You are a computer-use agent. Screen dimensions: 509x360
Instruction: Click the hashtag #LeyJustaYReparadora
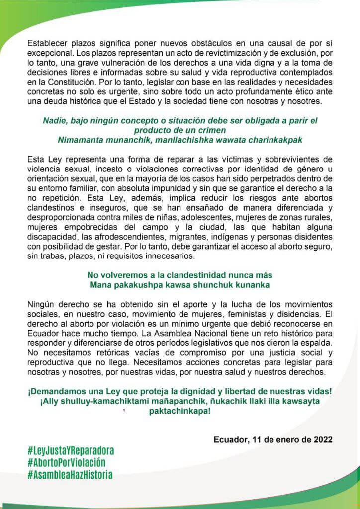[x=71, y=451]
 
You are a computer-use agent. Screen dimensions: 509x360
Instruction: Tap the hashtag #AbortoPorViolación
[x=67, y=463]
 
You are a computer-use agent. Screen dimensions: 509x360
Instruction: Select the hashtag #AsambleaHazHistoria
[x=70, y=475]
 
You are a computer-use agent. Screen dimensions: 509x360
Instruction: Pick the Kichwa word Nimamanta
[x=82, y=140]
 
